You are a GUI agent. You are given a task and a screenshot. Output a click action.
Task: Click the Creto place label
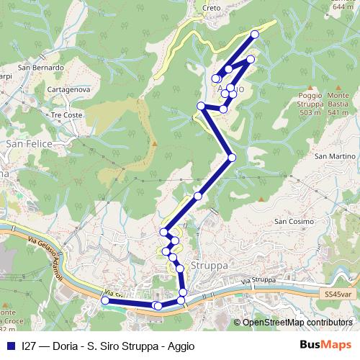click(212, 8)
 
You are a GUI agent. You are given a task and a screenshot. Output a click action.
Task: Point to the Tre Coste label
click(67, 115)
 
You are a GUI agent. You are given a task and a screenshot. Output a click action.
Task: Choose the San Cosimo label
click(293, 221)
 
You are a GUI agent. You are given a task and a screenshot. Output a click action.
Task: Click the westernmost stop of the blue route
click(104, 301)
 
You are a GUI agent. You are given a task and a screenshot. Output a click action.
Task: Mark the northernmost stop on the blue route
click(254, 35)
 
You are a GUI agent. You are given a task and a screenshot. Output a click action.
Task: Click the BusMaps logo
click(325, 345)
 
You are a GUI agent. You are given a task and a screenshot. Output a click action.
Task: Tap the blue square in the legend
click(11, 346)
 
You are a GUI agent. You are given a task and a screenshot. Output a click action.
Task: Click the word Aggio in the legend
click(179, 346)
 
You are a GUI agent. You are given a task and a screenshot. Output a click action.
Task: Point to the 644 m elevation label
click(342, 6)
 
